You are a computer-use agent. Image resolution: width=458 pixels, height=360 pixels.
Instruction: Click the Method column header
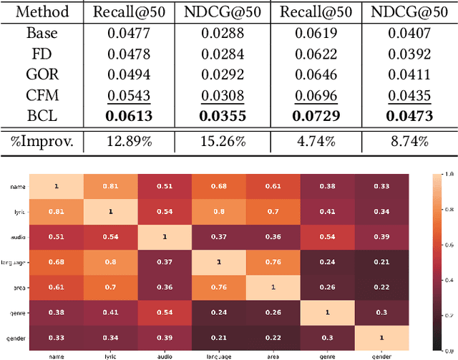(42, 12)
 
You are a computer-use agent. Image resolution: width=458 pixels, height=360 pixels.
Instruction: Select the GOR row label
(42, 74)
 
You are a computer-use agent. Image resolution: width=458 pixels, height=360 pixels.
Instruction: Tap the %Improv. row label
(42, 141)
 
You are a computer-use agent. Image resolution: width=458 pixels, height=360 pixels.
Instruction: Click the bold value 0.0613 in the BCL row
(129, 116)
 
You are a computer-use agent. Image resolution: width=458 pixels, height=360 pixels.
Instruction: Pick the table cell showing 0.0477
(129, 33)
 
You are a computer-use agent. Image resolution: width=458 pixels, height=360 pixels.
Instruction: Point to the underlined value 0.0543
(129, 95)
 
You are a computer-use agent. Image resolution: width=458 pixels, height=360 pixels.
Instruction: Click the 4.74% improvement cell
(316, 141)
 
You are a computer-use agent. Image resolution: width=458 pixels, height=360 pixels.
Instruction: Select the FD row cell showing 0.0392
(409, 54)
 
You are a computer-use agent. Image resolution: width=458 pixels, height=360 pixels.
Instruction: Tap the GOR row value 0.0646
(316, 74)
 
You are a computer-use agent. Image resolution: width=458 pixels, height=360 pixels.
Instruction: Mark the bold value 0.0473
(409, 116)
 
